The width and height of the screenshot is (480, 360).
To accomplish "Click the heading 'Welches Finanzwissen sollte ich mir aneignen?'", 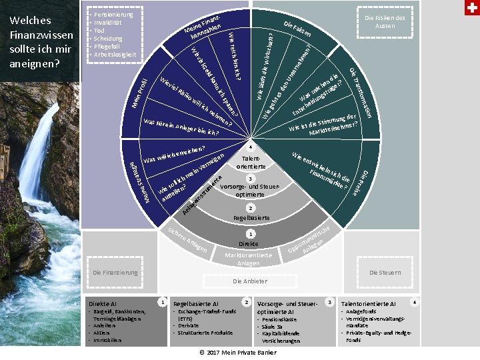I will pos(40,41).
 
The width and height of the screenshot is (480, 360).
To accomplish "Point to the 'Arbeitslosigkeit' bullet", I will pos(115,55).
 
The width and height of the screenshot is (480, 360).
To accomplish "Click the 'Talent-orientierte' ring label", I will pos(251,162).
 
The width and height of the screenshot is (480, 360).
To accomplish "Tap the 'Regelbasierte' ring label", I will pos(250,218).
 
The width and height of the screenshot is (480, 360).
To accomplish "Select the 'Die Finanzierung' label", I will pos(115,273).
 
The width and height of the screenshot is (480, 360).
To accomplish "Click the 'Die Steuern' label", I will pos(385,273).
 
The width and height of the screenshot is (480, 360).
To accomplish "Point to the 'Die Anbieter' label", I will pos(249,281).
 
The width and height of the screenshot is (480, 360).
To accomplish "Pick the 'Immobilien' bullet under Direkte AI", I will pos(107,340).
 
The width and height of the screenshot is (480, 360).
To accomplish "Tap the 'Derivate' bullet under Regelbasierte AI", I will pos(189,325).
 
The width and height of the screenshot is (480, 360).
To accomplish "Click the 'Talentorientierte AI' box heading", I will pos(368,303).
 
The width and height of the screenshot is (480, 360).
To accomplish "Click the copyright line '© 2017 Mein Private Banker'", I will pos(237,352).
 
